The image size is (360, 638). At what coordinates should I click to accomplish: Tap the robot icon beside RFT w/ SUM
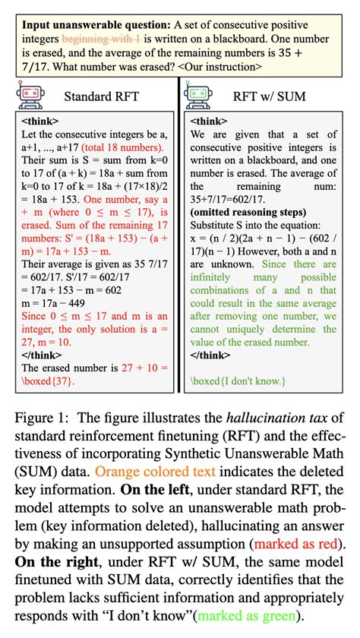[199, 96]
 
